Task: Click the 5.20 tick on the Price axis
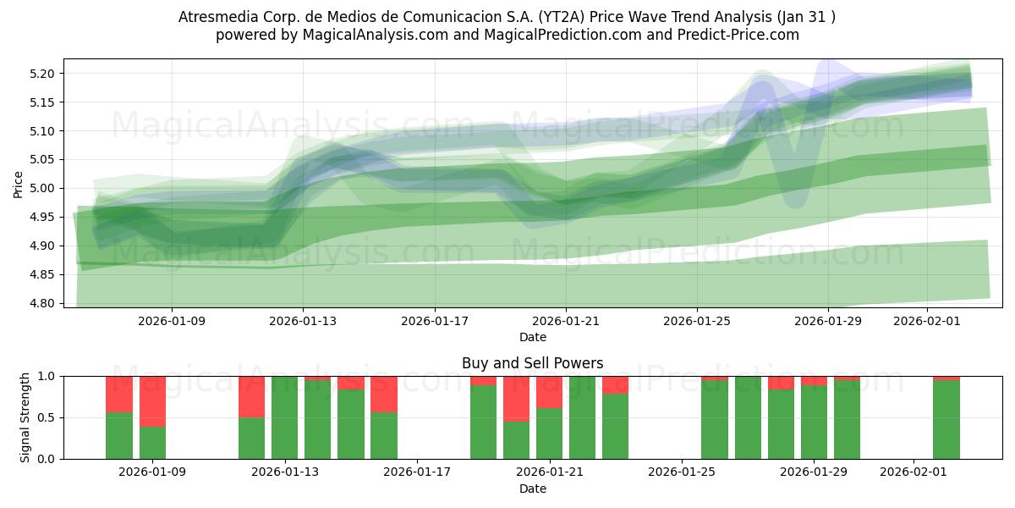(43, 74)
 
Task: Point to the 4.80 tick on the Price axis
(43, 303)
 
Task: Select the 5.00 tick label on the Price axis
(43, 188)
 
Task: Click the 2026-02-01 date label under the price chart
(928, 321)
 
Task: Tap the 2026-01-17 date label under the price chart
(434, 321)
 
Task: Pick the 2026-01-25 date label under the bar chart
(682, 472)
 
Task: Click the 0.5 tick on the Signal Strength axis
(47, 417)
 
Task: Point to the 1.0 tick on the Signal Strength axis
(47, 376)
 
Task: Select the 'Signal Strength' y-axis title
(25, 417)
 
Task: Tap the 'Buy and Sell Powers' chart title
(532, 363)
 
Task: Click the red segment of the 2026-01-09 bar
(152, 401)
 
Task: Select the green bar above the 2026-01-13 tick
(285, 417)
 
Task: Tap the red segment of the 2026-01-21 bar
(550, 392)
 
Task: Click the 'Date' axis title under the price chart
(532, 337)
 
